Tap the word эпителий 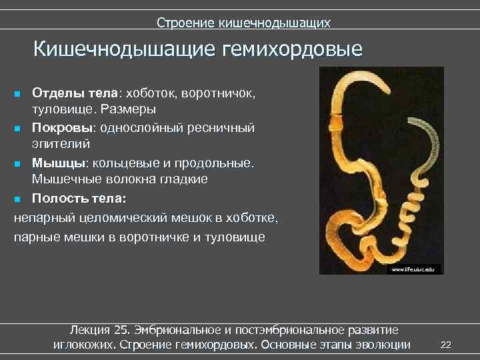(x=60, y=143)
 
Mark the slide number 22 (x=447, y=344)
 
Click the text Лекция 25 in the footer (x=100, y=330)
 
